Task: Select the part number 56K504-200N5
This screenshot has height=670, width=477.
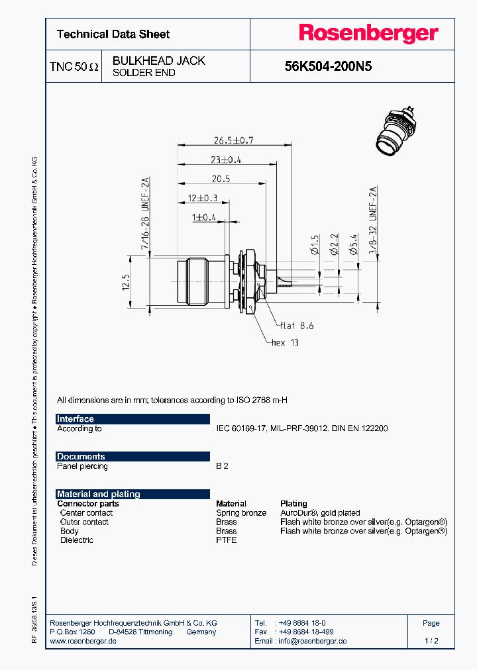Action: (328, 66)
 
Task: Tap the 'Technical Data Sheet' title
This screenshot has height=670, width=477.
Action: (113, 34)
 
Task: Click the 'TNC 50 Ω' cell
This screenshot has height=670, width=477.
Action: (74, 67)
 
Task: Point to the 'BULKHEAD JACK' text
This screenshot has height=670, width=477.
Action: (158, 60)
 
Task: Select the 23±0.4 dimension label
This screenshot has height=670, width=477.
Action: (226, 160)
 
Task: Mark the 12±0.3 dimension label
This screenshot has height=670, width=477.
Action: (202, 198)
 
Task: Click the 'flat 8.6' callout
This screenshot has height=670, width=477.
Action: (296, 326)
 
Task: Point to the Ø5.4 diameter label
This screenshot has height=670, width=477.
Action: (354, 246)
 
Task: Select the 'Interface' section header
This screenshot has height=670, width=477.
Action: (76, 419)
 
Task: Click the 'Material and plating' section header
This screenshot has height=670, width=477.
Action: (99, 494)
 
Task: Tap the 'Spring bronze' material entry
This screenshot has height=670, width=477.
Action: (241, 513)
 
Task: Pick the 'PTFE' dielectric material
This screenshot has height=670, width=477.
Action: (227, 540)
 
